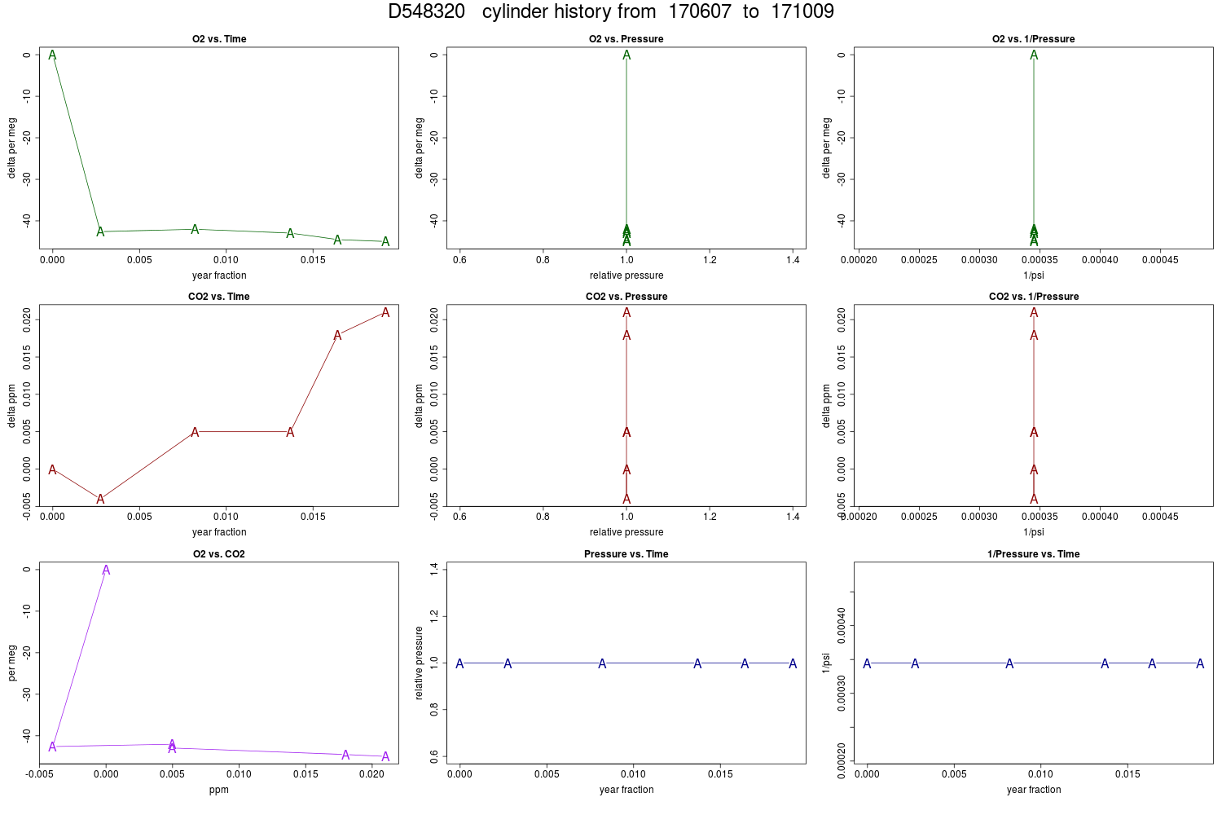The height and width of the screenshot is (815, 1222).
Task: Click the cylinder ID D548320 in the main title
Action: point(426,11)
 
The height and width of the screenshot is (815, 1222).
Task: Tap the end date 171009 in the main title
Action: point(802,11)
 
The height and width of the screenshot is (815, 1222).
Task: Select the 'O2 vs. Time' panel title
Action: point(219,39)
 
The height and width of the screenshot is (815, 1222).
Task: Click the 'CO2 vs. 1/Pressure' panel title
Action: point(1034,297)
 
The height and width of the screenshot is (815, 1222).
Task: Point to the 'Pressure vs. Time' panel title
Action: point(626,554)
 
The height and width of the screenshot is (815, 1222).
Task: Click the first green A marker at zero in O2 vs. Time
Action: point(52,55)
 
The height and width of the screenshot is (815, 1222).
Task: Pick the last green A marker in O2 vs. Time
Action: point(385,241)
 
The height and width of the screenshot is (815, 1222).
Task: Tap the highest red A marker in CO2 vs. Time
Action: point(385,312)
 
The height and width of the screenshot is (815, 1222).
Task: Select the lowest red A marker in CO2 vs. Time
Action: point(100,499)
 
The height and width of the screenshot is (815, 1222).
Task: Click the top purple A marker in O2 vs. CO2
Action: point(106,570)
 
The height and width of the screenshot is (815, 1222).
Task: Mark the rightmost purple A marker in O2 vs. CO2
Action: point(385,756)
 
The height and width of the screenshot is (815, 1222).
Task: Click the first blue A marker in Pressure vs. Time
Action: point(460,663)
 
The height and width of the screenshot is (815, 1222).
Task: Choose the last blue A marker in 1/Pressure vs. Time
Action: point(1200,663)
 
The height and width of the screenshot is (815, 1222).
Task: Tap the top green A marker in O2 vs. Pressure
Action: point(626,55)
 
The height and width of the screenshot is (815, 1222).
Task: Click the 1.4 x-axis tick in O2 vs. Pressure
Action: point(793,260)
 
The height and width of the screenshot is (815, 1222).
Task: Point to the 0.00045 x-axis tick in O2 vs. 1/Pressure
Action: point(1160,260)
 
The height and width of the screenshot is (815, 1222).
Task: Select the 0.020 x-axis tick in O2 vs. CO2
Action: point(372,774)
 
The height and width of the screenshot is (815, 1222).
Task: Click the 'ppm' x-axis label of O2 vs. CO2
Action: point(219,790)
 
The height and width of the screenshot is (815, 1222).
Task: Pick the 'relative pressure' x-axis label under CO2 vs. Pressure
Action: point(626,532)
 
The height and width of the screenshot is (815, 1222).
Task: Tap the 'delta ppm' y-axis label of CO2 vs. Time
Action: point(12,406)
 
